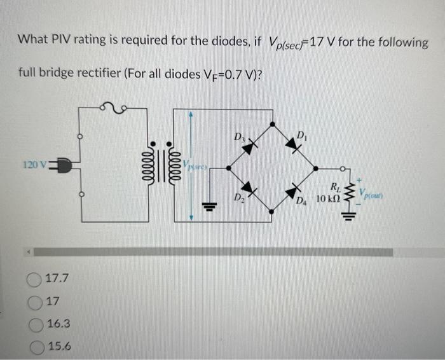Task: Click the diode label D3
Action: point(238,135)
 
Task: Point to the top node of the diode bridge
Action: point(273,125)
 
